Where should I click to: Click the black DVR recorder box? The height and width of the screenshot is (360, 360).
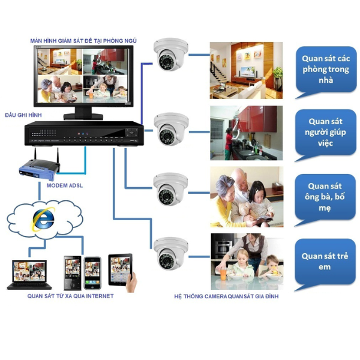(84, 133)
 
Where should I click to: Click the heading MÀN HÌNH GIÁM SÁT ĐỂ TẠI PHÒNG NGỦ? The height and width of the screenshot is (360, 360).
(83, 40)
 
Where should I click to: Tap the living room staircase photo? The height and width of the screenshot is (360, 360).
(246, 71)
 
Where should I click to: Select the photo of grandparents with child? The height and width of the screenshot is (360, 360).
(246, 196)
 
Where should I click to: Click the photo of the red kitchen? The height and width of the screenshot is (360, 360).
(246, 133)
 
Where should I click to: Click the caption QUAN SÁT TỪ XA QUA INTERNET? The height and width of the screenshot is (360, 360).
(70, 296)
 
